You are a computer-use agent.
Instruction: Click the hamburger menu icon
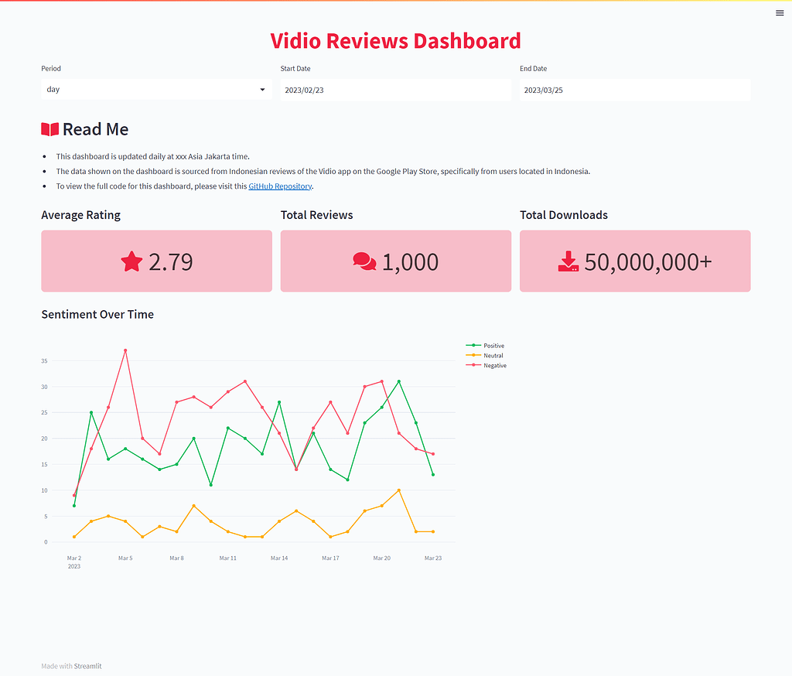tap(780, 12)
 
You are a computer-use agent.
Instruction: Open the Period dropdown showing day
tap(156, 90)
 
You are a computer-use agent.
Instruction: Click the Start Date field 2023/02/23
tap(395, 90)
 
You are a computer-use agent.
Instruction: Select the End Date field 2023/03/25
tap(634, 90)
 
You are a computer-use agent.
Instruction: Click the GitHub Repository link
tap(280, 186)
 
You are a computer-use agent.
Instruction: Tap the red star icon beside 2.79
tap(132, 261)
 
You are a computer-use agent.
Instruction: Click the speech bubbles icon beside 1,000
tap(364, 261)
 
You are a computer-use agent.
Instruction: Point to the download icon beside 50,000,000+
tap(568, 261)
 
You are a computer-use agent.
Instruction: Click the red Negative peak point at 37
tap(125, 350)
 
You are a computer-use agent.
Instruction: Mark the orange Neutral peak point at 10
tap(399, 490)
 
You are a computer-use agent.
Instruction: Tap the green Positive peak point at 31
tap(399, 381)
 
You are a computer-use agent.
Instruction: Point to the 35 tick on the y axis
tap(45, 361)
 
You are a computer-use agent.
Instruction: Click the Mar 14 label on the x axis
tap(279, 558)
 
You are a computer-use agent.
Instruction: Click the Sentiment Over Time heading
tap(97, 315)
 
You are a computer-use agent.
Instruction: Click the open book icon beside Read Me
tap(49, 129)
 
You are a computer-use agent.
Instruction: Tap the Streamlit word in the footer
tap(87, 666)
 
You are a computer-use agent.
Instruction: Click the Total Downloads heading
tap(564, 215)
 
